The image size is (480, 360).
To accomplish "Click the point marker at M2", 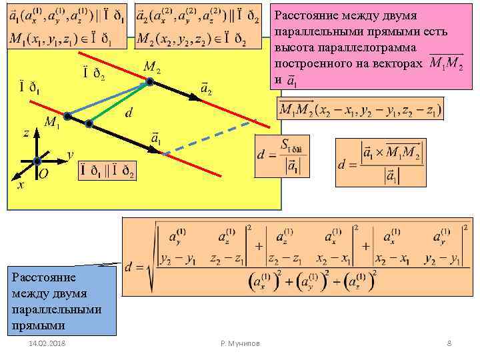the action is (149, 82).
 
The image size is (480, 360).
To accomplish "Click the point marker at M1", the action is (70, 121).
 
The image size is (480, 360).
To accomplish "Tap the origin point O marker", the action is (37, 161).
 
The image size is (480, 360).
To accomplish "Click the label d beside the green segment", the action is (127, 113).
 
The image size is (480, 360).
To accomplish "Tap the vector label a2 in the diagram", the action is (206, 87).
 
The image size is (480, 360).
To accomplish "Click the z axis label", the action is (25, 133).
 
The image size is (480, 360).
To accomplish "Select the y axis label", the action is (70, 155).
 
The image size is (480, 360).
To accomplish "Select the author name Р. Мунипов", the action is (240, 343).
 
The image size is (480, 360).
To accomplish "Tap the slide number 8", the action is (449, 343).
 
